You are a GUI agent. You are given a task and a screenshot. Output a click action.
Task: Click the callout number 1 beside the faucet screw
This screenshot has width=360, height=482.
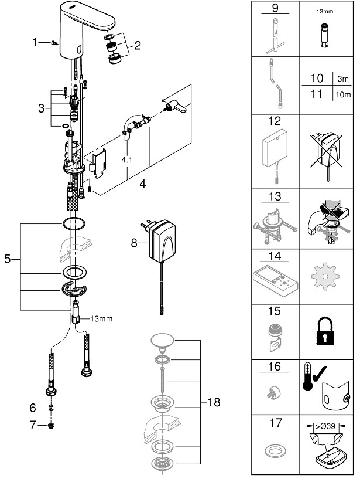35,42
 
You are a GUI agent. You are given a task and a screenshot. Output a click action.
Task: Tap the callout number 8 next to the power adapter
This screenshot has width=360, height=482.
134,243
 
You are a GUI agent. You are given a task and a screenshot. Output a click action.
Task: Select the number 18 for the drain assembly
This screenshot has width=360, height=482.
214,402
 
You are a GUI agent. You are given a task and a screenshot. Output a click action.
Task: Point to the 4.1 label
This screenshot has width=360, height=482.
126,160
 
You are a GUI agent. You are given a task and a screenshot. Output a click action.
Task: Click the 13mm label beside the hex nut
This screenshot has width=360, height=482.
101,319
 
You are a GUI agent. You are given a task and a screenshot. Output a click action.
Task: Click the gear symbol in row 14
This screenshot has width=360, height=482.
325,276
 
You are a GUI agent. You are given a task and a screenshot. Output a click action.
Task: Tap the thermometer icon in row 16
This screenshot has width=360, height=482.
307,377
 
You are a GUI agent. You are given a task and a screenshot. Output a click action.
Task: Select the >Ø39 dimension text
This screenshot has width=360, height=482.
325,426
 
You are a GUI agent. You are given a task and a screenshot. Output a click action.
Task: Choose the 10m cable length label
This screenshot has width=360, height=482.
343,94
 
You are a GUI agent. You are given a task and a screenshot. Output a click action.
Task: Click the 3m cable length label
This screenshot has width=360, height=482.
343,79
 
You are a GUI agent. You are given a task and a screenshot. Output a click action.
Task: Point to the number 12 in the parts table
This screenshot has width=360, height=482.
275,121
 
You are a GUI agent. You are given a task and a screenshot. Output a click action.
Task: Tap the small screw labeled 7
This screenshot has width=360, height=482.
52,426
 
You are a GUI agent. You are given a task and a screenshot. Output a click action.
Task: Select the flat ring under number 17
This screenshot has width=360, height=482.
275,452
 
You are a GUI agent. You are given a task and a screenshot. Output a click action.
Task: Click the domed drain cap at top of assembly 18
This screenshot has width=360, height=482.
162,341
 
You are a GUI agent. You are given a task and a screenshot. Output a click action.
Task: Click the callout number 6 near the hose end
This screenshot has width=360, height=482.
33,408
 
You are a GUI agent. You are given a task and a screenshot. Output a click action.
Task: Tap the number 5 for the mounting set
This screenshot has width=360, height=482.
8,259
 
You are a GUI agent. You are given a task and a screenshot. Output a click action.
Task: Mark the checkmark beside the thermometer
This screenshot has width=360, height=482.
320,373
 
